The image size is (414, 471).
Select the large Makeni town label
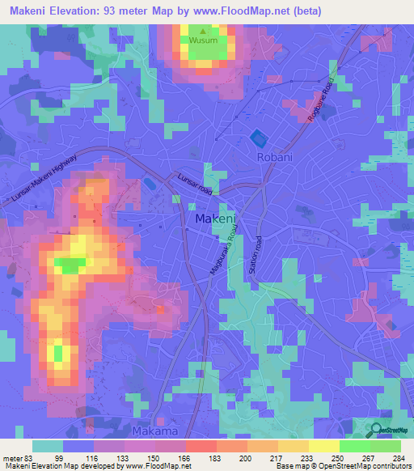(215, 219)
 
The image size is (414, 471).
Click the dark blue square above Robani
(258, 137)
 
